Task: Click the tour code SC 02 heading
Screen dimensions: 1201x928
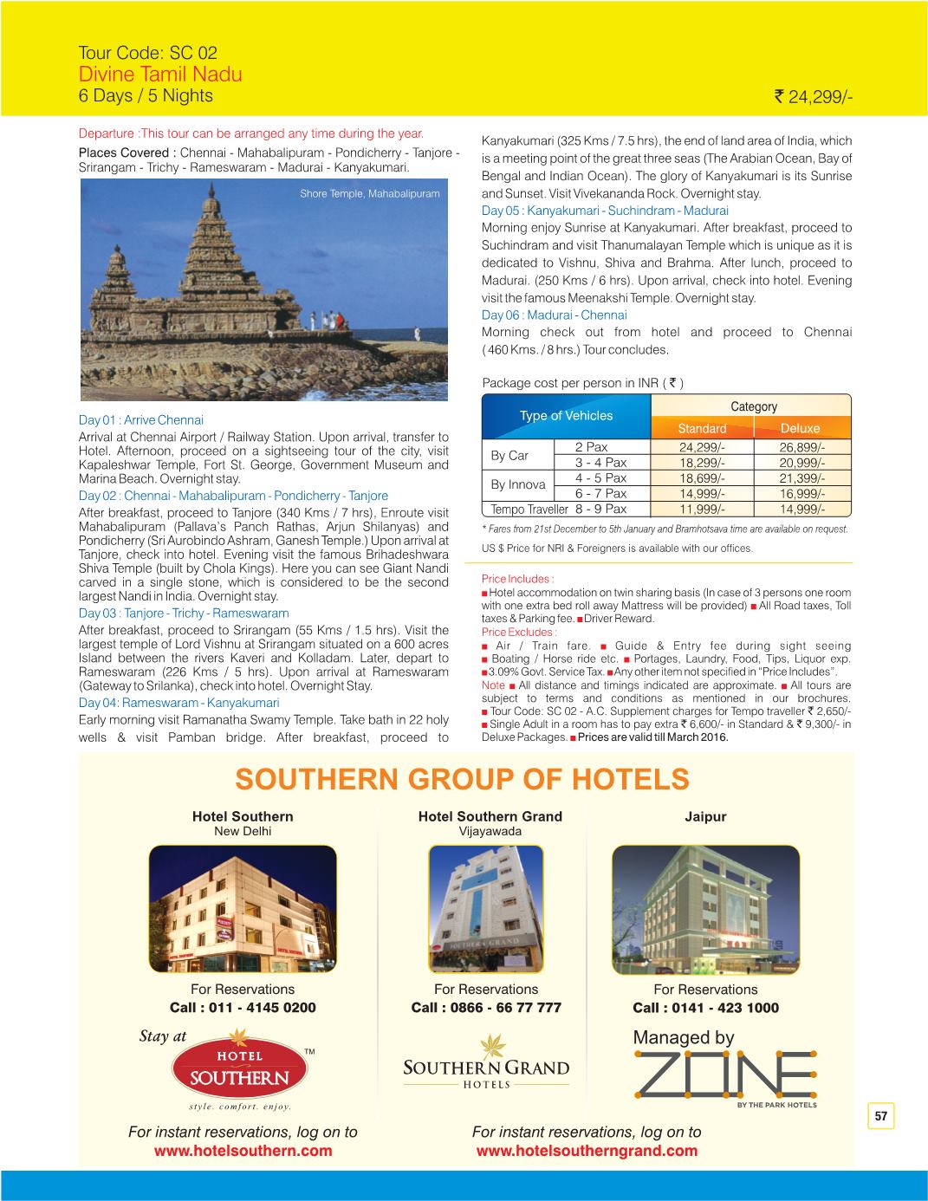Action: click(141, 51)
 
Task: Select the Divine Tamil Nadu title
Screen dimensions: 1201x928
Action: click(160, 74)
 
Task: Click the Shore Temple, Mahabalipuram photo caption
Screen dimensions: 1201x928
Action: click(370, 193)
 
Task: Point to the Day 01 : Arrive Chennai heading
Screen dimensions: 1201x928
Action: click(140, 420)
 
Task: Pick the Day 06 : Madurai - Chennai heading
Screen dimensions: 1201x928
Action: click(554, 315)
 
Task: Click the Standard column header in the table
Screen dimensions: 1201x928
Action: click(702, 429)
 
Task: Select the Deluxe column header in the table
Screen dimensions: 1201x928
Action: click(800, 429)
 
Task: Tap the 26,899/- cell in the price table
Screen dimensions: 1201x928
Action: click(801, 448)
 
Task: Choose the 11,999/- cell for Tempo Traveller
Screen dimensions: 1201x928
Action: click(702, 510)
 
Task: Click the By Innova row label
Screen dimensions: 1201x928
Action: click(518, 485)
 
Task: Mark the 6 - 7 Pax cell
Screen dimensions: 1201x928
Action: click(600, 494)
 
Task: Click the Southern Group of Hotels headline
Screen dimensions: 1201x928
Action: click(462, 780)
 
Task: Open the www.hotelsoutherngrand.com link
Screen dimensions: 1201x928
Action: click(587, 1152)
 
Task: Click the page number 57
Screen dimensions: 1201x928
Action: click(881, 1117)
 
